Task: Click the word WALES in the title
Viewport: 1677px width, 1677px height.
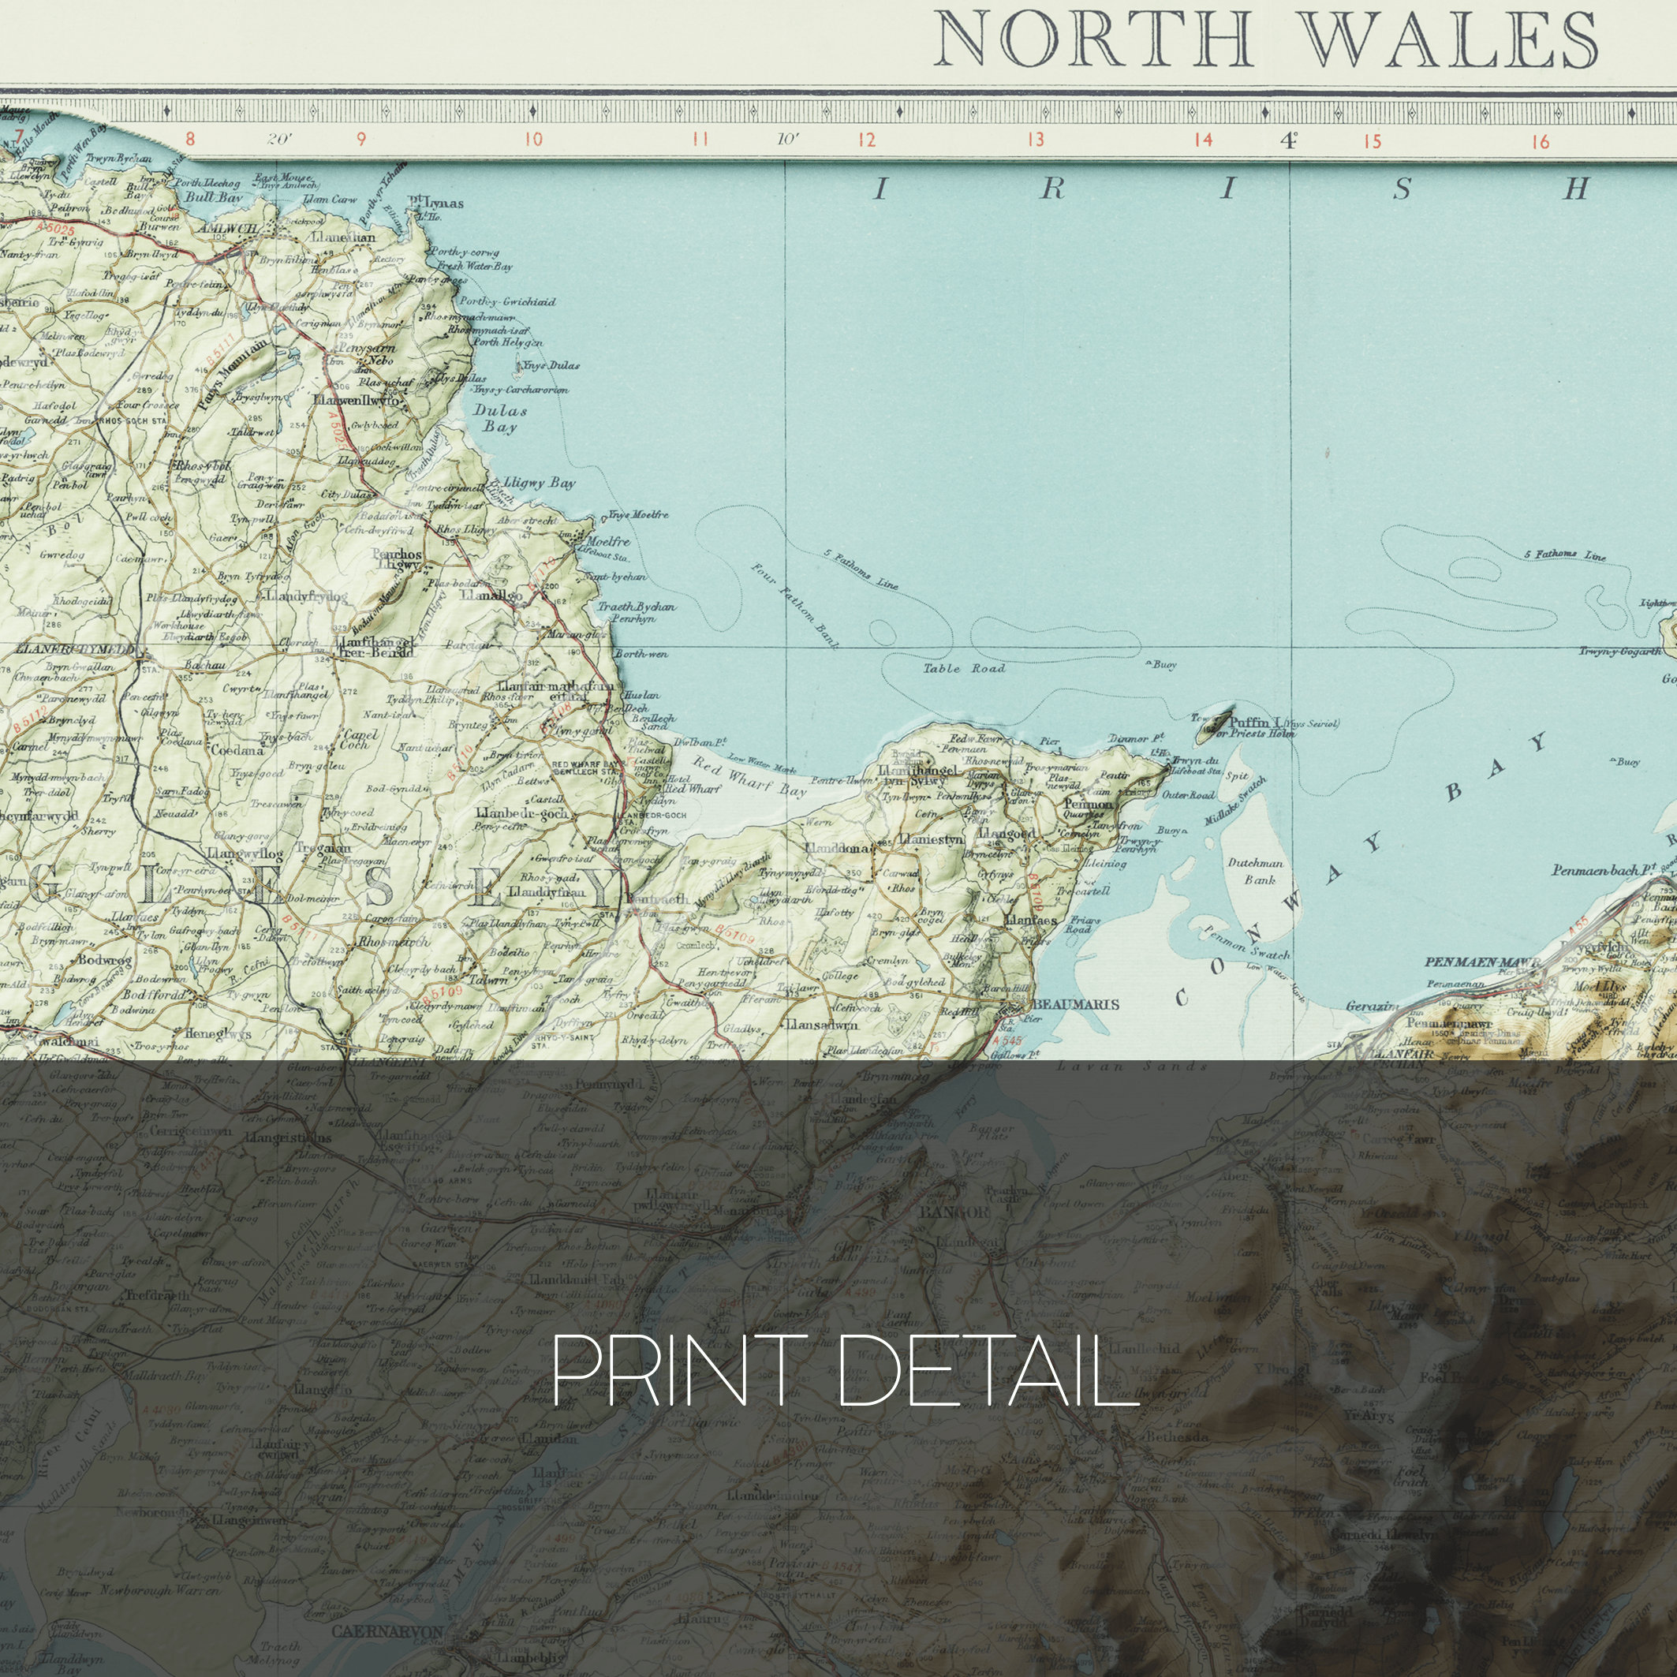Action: coord(1451,40)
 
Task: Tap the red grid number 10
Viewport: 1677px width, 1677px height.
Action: coord(533,139)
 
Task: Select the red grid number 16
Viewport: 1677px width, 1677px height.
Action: coord(1540,140)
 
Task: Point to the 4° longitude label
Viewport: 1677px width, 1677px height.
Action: coord(1288,140)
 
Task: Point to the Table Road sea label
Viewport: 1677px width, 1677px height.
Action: coord(963,668)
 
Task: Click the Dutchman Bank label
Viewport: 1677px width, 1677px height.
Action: coord(1257,871)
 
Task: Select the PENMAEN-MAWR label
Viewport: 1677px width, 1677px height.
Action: coord(1483,962)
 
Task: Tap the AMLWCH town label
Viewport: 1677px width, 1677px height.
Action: coord(224,227)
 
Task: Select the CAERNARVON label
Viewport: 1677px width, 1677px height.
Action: coord(387,1632)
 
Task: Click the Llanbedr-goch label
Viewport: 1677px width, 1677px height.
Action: coord(521,814)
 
